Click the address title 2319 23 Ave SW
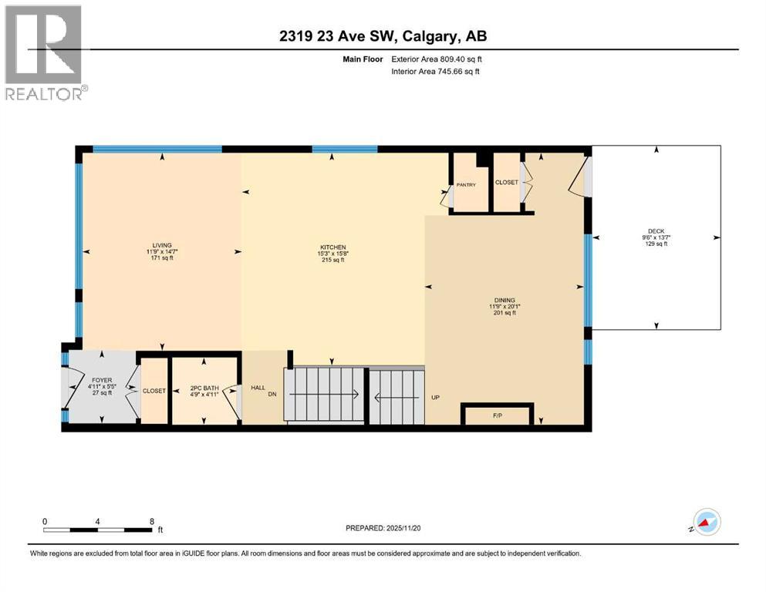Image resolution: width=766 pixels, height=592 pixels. pyautogui.click(x=383, y=35)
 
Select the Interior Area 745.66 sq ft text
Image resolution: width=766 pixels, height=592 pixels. pyautogui.click(x=436, y=72)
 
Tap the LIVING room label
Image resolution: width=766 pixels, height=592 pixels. pyautogui.click(x=161, y=245)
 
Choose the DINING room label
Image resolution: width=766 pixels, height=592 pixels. pyautogui.click(x=504, y=301)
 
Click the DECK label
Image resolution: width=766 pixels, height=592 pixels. pyautogui.click(x=656, y=230)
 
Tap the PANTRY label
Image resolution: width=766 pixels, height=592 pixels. pyautogui.click(x=466, y=185)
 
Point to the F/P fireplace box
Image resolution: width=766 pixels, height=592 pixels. pyautogui.click(x=497, y=415)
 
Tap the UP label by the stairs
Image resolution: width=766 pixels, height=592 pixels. pyautogui.click(x=435, y=399)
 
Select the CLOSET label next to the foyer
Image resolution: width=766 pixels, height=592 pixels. pyautogui.click(x=154, y=391)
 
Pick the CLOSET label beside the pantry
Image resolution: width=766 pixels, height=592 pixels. pyautogui.click(x=506, y=183)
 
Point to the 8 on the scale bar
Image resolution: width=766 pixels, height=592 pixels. pyautogui.click(x=151, y=521)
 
